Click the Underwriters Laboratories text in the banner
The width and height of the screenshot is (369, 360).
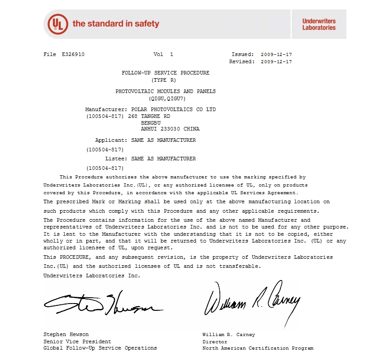coord(319,24)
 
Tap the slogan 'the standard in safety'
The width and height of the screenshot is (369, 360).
coord(116,23)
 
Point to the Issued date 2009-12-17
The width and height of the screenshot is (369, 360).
coord(276,55)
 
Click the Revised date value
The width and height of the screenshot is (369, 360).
coord(276,62)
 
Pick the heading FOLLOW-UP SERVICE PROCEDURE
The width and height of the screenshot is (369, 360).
coord(166,73)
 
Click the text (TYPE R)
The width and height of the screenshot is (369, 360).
coord(166,80)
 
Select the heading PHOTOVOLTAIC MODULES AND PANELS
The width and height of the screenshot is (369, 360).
coord(166,91)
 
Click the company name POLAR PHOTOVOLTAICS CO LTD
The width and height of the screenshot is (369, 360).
coord(173,110)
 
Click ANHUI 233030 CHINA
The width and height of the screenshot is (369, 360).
coord(170,129)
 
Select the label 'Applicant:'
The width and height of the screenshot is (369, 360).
coord(111,140)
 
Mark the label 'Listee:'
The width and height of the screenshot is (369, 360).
coord(116,159)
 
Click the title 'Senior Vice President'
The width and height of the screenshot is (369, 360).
coord(77,341)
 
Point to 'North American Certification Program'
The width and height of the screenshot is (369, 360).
coord(258,348)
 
